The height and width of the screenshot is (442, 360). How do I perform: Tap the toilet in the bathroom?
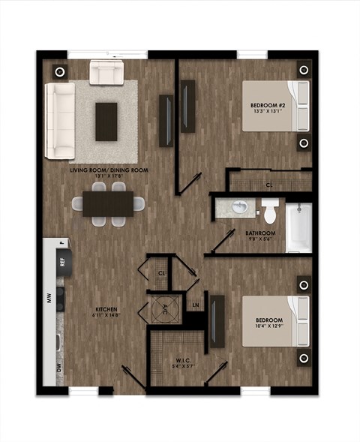[269, 211]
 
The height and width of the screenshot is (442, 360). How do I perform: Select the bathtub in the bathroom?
[298, 227]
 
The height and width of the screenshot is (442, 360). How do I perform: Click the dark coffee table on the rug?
[106, 120]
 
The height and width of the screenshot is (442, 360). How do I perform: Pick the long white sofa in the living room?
[59, 121]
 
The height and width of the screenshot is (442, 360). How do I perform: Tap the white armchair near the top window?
[106, 73]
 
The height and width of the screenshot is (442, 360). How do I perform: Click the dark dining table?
[108, 203]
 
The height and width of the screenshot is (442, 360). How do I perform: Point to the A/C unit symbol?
[165, 307]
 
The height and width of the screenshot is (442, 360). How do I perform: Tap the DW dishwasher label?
[49, 367]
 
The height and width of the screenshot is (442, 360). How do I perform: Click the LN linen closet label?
[196, 304]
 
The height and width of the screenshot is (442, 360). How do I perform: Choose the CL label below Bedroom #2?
[268, 183]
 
